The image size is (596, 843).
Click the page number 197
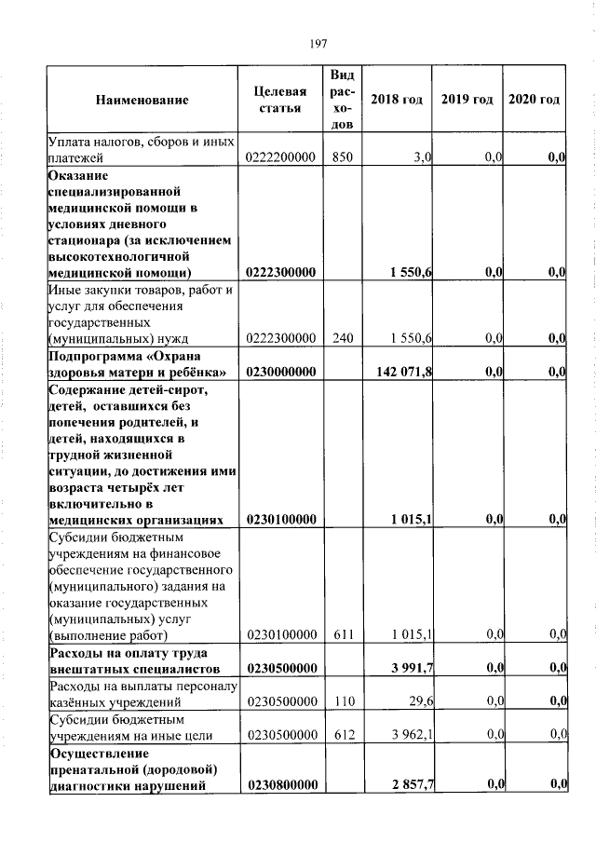(316, 42)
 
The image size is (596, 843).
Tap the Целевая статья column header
(280, 100)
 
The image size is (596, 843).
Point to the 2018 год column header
(397, 100)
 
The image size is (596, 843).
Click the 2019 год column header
(467, 100)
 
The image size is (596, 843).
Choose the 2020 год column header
(535, 100)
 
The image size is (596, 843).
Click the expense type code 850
(342, 159)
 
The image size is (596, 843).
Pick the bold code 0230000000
(280, 373)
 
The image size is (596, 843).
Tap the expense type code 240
(342, 338)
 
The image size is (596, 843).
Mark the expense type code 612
(342, 736)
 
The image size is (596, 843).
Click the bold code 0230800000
(280, 787)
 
